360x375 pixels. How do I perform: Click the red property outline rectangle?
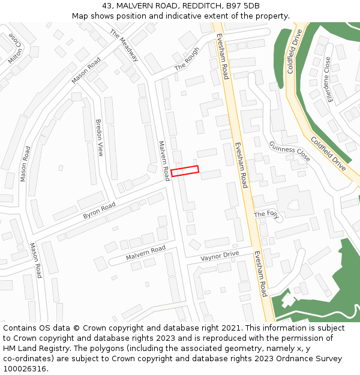(x=185, y=171)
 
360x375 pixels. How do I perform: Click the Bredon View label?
(x=100, y=137)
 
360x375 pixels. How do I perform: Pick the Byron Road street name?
(x=99, y=211)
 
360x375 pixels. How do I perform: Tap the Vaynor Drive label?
(x=220, y=255)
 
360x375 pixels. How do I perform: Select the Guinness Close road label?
(x=289, y=151)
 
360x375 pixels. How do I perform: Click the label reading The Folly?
(x=267, y=214)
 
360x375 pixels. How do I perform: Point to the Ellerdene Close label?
(x=328, y=79)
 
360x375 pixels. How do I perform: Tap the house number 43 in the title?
(x=116, y=5)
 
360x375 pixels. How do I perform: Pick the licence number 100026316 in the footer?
(x=25, y=368)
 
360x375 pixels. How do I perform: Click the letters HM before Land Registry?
(x=10, y=348)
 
